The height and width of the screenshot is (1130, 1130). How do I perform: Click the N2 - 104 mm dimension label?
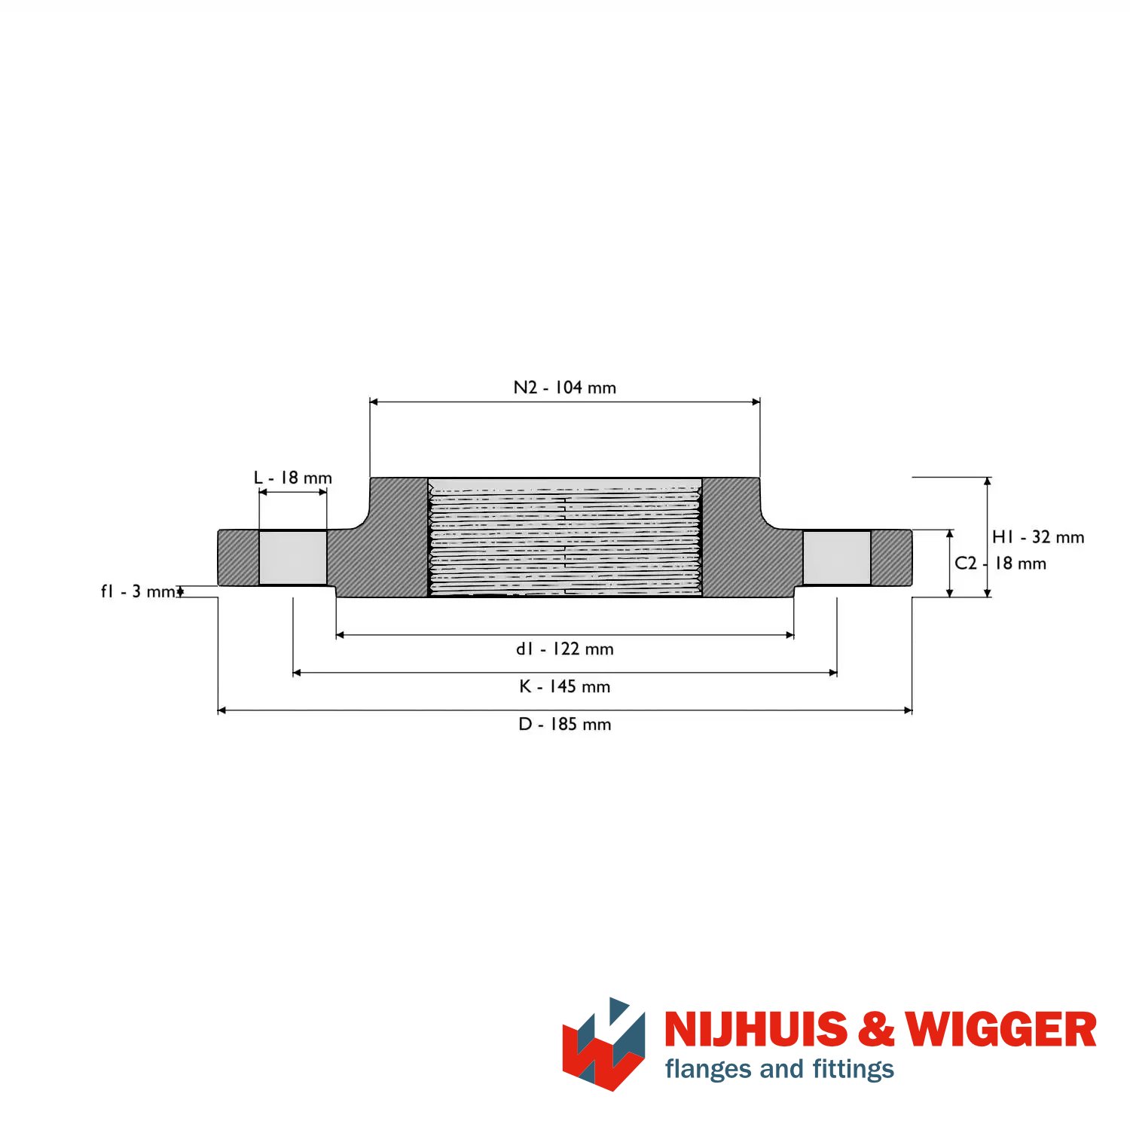pos(565,387)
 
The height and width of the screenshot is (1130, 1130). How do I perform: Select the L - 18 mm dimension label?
pos(293,478)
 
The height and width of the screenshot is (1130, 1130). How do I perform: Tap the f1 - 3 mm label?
pos(142,591)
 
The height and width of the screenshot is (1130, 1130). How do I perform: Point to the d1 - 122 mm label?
pos(565,649)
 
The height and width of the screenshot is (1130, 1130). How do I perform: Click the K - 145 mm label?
pos(565,686)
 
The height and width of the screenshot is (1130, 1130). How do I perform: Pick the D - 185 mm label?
pos(565,724)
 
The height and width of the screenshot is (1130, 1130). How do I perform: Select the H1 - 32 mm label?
pos(1038,537)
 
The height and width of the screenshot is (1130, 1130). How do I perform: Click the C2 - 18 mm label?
pos(1000,563)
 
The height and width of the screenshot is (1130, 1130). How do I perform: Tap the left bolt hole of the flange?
pos(293,557)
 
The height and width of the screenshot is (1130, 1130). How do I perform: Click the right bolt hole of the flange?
pos(837,557)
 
